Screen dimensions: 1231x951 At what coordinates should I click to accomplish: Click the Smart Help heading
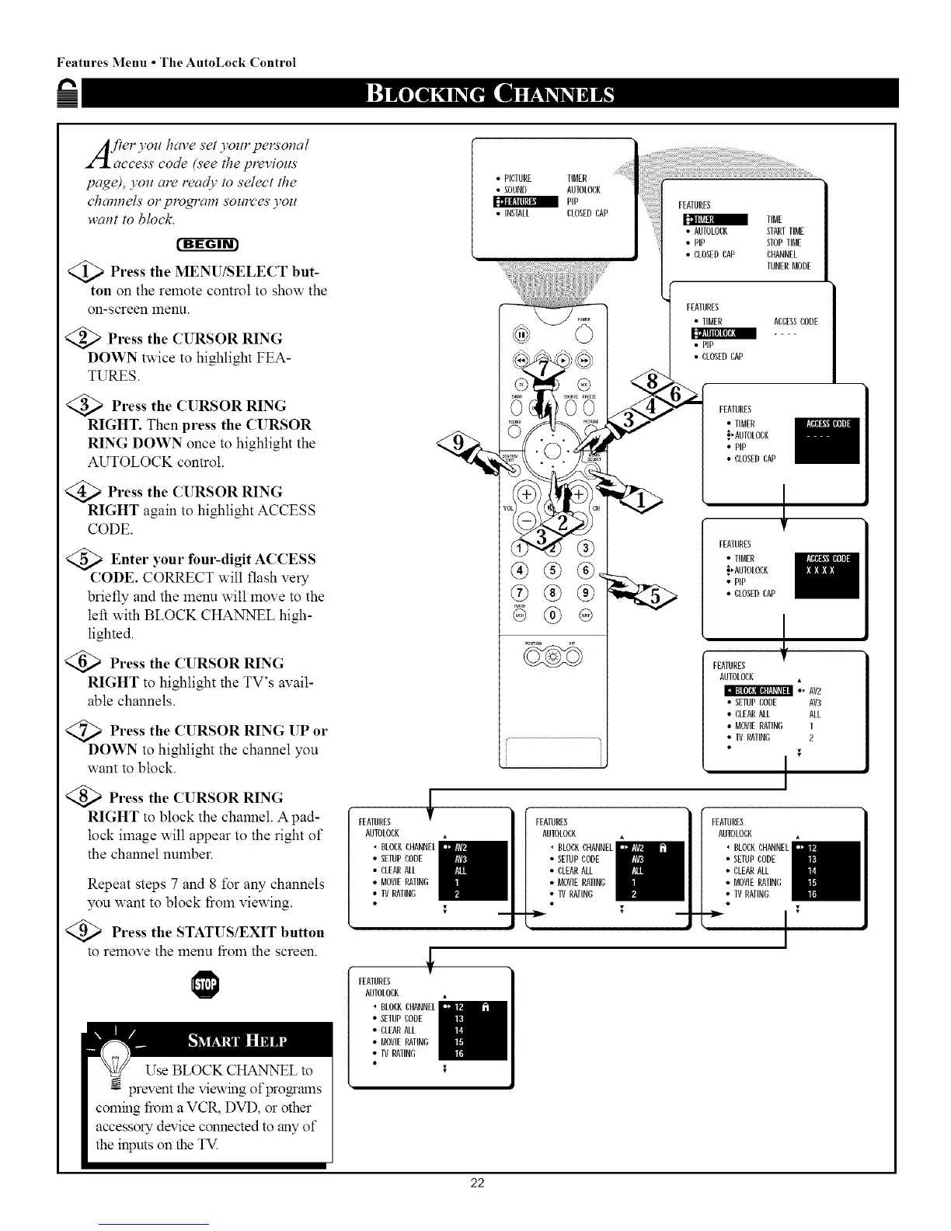pos(237,1041)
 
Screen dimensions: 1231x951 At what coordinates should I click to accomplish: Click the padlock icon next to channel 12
pos(484,1007)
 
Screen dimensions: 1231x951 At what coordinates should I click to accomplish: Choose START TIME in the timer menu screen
pos(785,231)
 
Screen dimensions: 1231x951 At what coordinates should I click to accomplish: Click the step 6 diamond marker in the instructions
pos(96,663)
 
